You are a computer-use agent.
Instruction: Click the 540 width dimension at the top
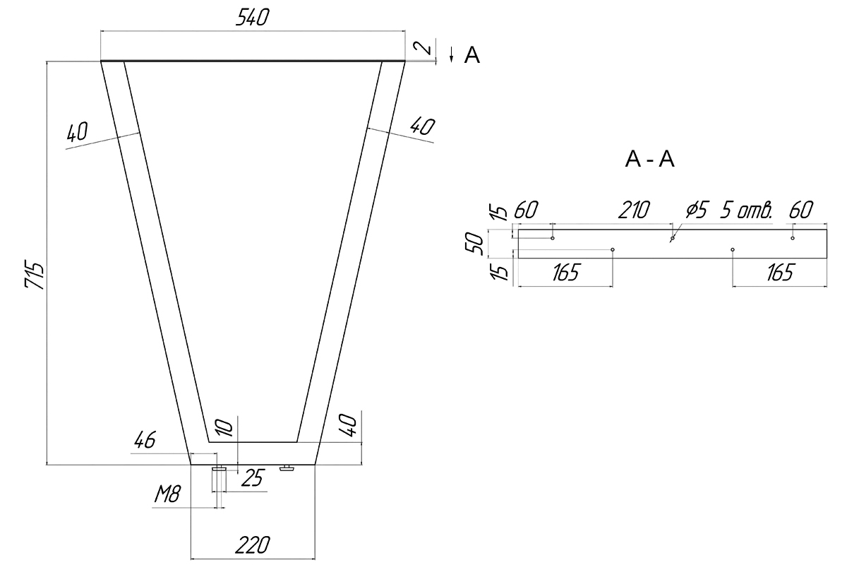253,18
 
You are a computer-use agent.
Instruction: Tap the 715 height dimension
35,274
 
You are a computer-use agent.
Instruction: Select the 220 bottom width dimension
253,545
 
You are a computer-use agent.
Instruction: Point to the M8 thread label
168,494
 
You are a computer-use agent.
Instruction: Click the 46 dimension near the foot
145,440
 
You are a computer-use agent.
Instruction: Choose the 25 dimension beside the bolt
252,478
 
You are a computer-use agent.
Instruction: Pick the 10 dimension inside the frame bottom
224,427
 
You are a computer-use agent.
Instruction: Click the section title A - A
649,159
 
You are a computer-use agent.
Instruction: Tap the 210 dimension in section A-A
634,210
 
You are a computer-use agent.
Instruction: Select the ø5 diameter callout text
697,210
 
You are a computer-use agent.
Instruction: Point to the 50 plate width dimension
474,244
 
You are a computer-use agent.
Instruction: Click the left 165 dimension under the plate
565,273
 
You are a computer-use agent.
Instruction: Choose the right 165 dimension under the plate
780,273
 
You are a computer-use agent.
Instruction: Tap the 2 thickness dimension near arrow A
423,48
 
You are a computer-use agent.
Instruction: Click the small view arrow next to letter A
452,54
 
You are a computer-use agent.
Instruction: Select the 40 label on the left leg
78,131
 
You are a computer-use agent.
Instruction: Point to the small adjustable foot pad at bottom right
287,468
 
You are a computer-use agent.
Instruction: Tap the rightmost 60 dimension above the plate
801,210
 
